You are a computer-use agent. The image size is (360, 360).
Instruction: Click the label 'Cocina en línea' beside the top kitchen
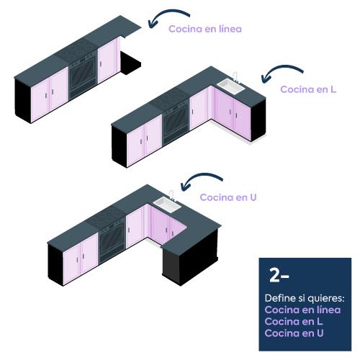click(x=205, y=29)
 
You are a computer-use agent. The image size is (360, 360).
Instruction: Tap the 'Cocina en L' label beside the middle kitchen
click(x=308, y=89)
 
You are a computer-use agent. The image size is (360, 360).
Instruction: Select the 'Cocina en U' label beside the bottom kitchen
click(x=228, y=197)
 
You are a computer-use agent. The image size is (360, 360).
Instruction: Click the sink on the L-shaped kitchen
click(x=231, y=86)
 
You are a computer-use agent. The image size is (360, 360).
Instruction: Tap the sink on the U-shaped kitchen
click(x=167, y=204)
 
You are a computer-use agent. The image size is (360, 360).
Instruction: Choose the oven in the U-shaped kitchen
click(x=112, y=241)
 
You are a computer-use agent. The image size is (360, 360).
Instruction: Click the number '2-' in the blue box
click(x=279, y=275)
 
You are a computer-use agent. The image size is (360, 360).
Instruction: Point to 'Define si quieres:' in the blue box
click(x=305, y=298)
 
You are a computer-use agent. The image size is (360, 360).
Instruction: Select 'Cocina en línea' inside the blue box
click(x=302, y=310)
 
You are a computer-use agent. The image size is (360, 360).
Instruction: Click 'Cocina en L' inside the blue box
click(x=294, y=321)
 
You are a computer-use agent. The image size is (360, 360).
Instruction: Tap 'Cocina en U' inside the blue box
click(x=294, y=333)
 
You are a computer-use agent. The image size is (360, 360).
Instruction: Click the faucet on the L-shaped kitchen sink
click(x=235, y=76)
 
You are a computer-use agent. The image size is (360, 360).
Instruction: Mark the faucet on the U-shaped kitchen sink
click(x=172, y=195)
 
